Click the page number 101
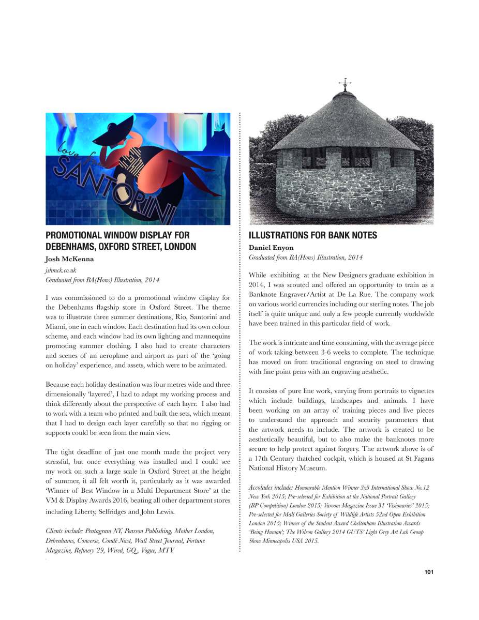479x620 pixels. pyautogui.click(x=428, y=572)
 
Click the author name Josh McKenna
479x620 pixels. pyautogui.click(x=68, y=259)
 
